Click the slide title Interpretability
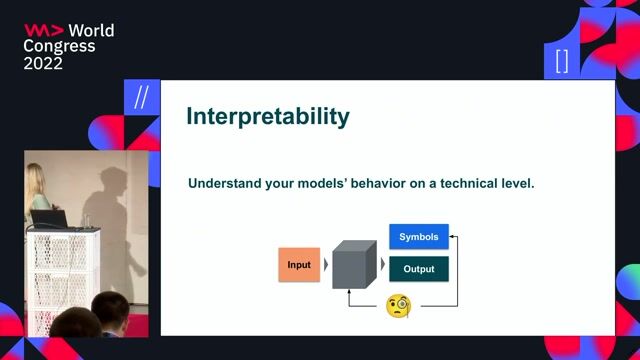click(267, 117)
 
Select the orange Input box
click(299, 265)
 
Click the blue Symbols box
click(418, 237)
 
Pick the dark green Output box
click(418, 269)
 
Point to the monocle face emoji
click(399, 305)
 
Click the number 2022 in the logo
click(43, 63)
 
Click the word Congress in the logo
click(60, 47)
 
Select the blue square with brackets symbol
click(562, 61)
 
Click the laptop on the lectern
click(48, 219)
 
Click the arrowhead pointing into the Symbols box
click(453, 237)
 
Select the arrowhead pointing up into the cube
click(349, 294)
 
